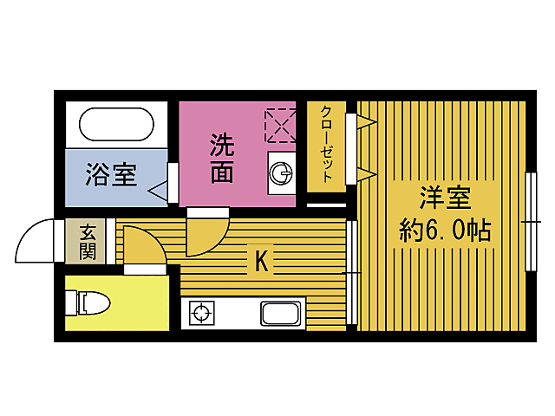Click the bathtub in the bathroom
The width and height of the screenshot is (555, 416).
116,124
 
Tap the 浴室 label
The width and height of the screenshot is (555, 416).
111,174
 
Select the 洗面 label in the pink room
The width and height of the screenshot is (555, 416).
222,158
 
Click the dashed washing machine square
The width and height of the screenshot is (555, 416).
280,126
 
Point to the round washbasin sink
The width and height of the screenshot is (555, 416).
281,173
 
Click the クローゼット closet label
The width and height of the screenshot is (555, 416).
326,145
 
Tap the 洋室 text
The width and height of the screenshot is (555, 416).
445,198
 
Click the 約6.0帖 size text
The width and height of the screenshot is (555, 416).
445,231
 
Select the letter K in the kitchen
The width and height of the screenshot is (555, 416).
262,261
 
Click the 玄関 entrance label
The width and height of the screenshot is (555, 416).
87,242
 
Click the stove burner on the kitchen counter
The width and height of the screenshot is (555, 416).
201,313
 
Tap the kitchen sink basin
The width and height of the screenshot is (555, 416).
281,313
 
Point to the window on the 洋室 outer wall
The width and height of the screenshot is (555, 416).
531,222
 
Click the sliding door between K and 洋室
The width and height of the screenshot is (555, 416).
351,272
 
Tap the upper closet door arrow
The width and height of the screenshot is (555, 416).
367,122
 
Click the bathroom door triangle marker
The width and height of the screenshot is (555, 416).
158,192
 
